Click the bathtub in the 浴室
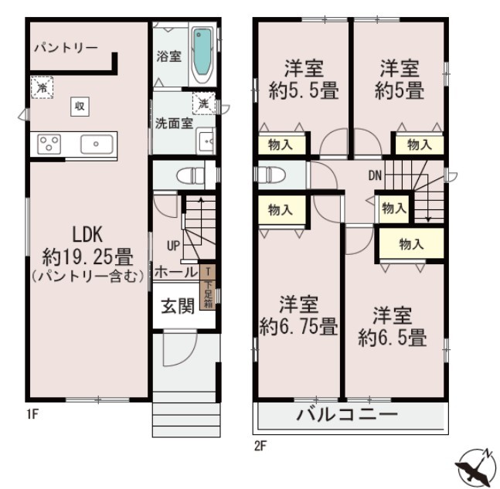(202, 55)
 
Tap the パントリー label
(66, 48)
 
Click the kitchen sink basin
(97, 144)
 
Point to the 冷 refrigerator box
(42, 87)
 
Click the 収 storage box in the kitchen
(80, 107)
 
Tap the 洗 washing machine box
(204, 104)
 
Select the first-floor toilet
(190, 175)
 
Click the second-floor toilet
(267, 175)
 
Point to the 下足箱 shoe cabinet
(208, 287)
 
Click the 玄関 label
(178, 307)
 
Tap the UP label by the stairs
(173, 246)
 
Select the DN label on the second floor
(375, 175)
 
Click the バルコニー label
(347, 415)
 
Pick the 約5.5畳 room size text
(303, 91)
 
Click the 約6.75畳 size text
(298, 327)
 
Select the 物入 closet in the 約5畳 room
(420, 145)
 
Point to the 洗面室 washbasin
(206, 141)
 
